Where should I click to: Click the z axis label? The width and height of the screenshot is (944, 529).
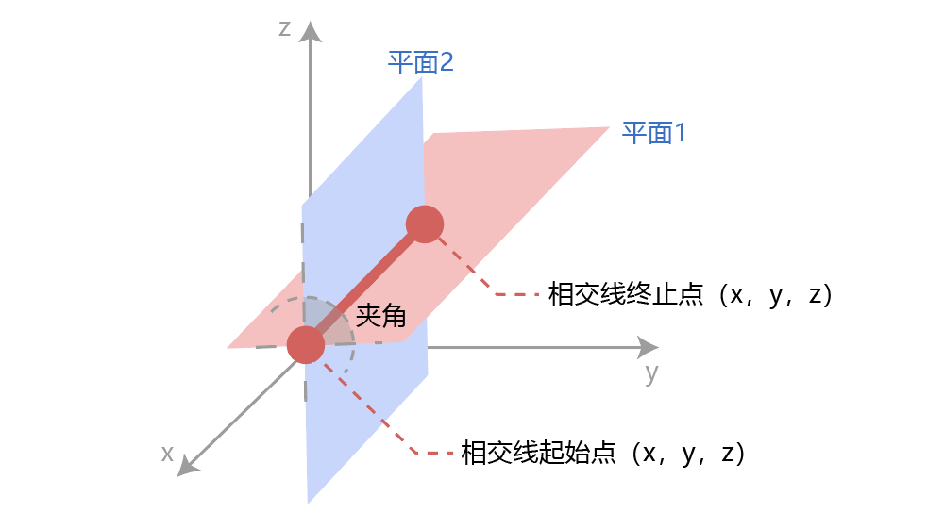pyautogui.click(x=284, y=28)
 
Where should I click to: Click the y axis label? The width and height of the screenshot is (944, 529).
pyautogui.click(x=651, y=373)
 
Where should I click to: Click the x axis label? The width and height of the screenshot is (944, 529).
pyautogui.click(x=167, y=454)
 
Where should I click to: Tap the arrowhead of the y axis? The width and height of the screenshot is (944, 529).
pyautogui.click(x=648, y=346)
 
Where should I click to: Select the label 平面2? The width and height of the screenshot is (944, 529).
pyautogui.click(x=421, y=63)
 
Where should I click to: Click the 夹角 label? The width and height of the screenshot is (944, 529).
pyautogui.click(x=380, y=315)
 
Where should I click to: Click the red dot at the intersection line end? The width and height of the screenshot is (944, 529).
pyautogui.click(x=425, y=223)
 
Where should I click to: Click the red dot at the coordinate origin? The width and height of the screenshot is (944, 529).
pyautogui.click(x=306, y=345)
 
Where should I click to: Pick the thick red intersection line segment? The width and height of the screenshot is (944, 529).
pyautogui.click(x=365, y=284)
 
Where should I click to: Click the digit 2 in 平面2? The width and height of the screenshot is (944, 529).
pyautogui.click(x=446, y=63)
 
